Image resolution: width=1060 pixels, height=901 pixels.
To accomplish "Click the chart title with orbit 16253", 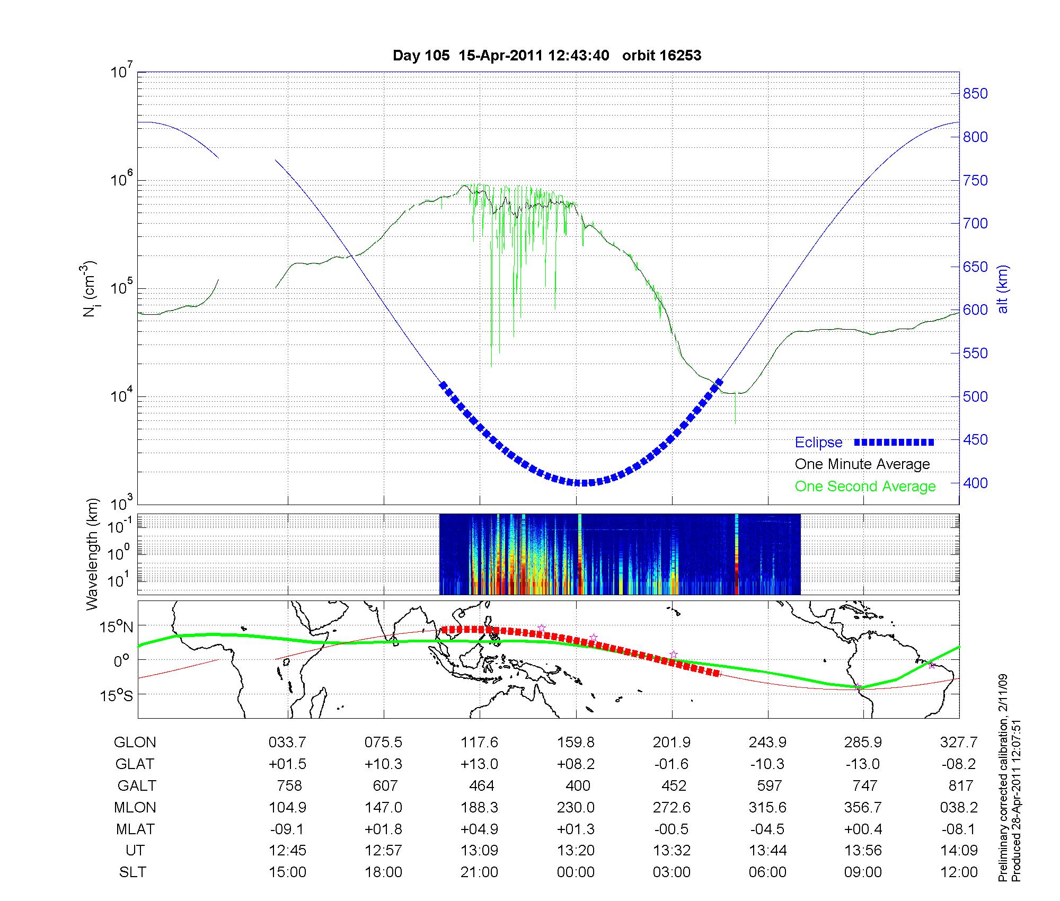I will (x=546, y=56).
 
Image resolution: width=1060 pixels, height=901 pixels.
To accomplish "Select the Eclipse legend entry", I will (x=818, y=443).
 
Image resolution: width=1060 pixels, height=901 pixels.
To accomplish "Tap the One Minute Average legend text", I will (x=862, y=464).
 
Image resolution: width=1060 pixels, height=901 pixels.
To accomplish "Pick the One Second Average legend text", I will (x=865, y=487).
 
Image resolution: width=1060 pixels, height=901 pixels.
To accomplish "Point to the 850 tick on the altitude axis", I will (x=975, y=94).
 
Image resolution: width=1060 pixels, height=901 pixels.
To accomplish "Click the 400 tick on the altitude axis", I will (x=975, y=483).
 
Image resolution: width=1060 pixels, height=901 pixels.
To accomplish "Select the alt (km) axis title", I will (x=1003, y=289).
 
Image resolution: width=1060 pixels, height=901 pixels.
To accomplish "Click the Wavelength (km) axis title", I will (x=92, y=554).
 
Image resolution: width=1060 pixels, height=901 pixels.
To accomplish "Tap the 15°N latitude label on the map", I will (x=116, y=628).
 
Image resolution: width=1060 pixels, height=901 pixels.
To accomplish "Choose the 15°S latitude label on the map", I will (x=116, y=695).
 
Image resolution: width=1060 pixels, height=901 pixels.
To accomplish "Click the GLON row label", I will (x=135, y=743).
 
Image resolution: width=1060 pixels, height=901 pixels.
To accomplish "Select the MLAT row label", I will (x=135, y=829).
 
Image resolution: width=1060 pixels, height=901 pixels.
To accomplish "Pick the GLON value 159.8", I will (x=576, y=743).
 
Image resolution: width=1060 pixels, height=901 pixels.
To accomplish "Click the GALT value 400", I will (x=578, y=785).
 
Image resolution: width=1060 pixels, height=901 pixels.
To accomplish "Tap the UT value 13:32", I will (x=672, y=851).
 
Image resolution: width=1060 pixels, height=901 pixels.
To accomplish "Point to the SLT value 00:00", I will (x=576, y=872).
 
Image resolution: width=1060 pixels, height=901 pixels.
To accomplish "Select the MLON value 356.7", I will (x=863, y=808).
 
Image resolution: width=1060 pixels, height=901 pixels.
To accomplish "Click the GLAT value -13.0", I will (x=863, y=764).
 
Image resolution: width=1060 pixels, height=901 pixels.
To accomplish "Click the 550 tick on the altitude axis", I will (x=975, y=354).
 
